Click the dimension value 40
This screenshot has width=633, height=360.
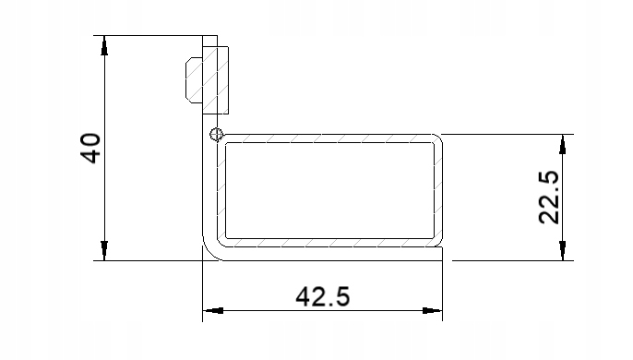[90, 148]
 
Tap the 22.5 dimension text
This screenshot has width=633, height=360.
[548, 198]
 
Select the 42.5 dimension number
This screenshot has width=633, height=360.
[323, 297]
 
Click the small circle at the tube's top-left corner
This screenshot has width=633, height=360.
[216, 135]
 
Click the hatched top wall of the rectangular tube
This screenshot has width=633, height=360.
[328, 138]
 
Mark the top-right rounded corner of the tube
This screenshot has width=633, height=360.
[437, 139]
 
